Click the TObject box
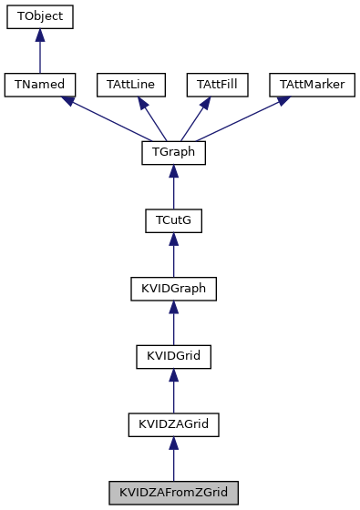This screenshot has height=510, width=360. point(39,17)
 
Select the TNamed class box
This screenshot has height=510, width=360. point(39,85)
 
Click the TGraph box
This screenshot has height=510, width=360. point(173,153)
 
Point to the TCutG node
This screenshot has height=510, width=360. point(173,221)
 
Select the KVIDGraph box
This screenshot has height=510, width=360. point(173,290)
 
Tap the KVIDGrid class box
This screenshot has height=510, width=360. point(173,357)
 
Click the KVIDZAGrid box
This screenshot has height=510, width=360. point(173,425)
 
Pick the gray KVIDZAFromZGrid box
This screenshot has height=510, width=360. point(173,494)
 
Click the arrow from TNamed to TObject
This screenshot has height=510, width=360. point(39,51)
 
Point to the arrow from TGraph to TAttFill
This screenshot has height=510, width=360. point(195,118)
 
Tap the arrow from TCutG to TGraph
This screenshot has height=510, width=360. point(173,188)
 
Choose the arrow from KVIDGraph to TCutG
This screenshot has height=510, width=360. point(173,256)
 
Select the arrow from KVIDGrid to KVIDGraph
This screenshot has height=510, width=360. point(173,323)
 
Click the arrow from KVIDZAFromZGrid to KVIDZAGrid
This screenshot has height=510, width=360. point(173,460)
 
